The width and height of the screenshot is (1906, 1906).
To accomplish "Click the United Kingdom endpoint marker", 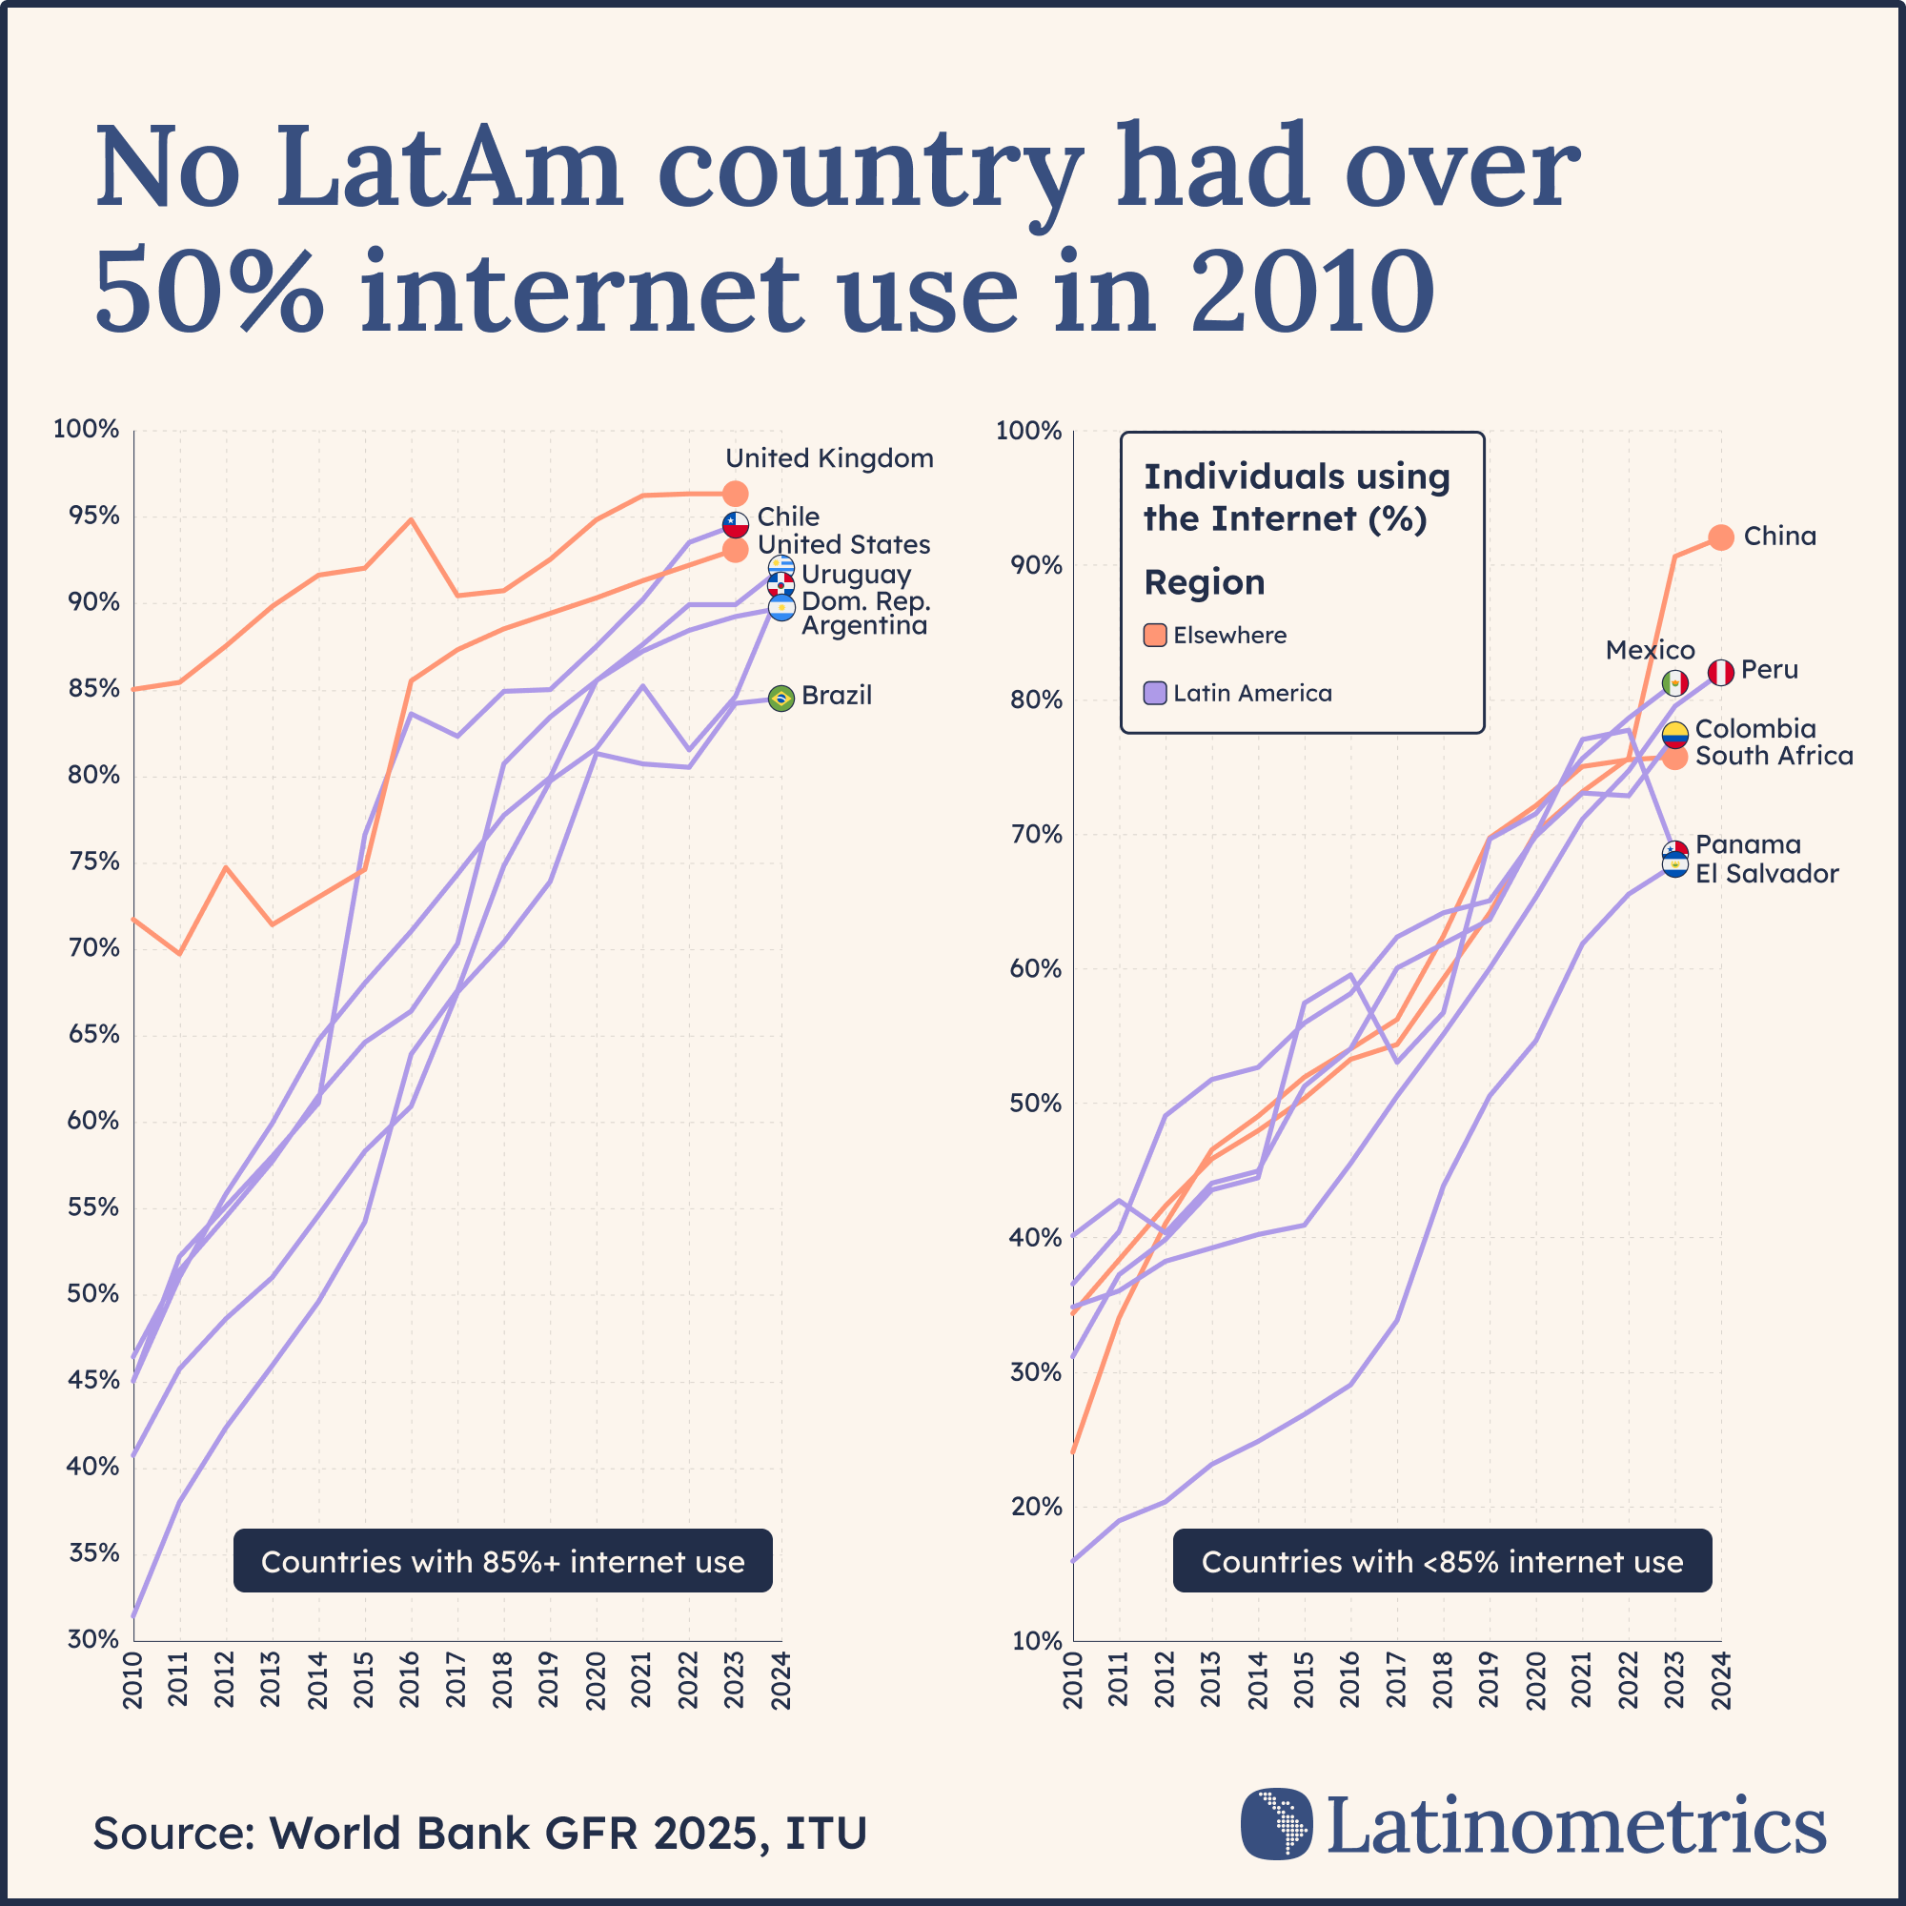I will click(735, 494).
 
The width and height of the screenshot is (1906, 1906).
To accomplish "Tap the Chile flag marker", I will click(735, 524).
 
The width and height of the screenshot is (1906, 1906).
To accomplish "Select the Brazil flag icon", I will click(781, 699).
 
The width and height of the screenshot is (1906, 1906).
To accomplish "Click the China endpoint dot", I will click(1721, 537).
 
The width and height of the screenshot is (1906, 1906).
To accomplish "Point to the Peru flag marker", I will click(1721, 673).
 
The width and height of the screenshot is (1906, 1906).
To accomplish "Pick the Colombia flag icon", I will click(1675, 734).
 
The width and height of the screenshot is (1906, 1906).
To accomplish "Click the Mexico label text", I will click(1650, 650).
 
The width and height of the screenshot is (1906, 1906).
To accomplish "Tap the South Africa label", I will click(1774, 757).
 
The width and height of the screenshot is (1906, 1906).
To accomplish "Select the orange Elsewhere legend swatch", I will click(1155, 636).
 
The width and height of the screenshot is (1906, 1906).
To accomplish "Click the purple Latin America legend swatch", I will click(1155, 694).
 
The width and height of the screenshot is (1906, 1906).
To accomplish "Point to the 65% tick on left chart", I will click(92, 1035).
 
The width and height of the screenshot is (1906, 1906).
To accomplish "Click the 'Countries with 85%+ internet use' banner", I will click(502, 1562).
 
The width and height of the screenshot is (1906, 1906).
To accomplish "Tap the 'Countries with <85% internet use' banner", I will click(1442, 1562).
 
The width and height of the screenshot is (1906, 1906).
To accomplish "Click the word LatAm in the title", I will click(449, 168).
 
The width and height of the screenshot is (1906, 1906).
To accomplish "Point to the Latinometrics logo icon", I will click(1277, 1823).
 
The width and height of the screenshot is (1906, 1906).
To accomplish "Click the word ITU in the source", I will click(826, 1833).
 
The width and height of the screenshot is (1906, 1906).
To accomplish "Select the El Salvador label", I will click(1767, 874).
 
